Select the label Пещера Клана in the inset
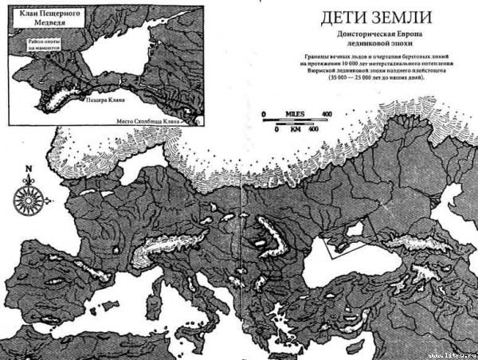(103, 102)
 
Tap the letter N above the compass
(29, 169)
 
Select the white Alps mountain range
(163, 248)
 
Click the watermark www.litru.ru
(455, 354)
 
